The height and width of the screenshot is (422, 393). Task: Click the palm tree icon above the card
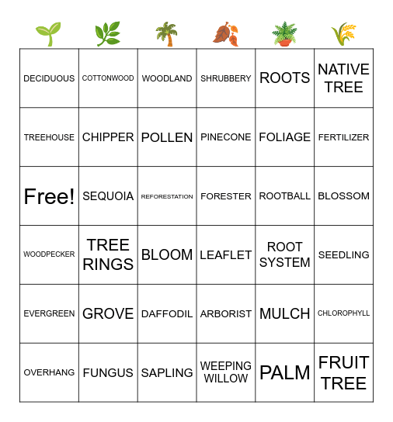(x=166, y=34)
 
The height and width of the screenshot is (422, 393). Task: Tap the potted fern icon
(x=284, y=34)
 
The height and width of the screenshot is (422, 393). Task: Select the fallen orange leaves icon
(x=225, y=34)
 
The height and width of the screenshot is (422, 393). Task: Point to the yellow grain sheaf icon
(x=343, y=34)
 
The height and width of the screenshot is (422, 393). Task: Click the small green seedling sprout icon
(x=48, y=34)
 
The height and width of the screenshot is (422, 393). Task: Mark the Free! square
(x=49, y=196)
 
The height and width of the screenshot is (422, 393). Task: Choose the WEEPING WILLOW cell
(x=226, y=372)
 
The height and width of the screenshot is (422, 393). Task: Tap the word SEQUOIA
(x=108, y=196)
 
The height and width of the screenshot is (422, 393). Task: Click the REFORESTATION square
(x=167, y=196)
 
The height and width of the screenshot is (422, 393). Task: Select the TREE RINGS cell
(x=108, y=254)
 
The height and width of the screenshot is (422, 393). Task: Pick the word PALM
(x=285, y=372)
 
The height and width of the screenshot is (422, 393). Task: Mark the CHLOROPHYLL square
(x=344, y=313)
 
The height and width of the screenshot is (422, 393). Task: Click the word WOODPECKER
(x=49, y=254)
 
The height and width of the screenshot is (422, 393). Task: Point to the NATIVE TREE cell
(x=344, y=78)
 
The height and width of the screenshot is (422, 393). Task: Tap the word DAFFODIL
(x=167, y=313)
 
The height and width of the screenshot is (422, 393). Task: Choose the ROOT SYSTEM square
(x=285, y=254)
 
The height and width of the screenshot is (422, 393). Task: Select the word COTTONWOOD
(x=108, y=78)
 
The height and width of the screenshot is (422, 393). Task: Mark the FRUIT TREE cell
(x=344, y=372)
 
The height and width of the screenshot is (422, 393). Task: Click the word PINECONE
(x=226, y=137)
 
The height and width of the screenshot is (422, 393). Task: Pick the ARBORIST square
(x=226, y=313)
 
